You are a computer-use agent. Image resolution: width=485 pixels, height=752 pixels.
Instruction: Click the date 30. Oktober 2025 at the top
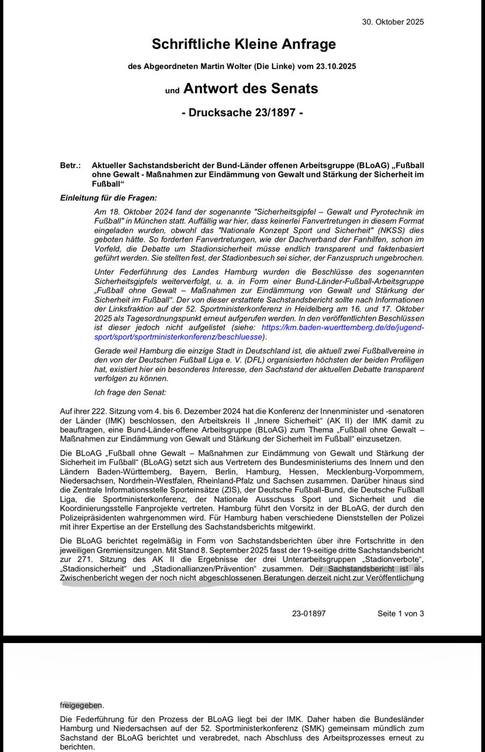[x=393, y=21]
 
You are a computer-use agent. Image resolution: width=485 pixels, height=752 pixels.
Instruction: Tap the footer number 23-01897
[x=308, y=614]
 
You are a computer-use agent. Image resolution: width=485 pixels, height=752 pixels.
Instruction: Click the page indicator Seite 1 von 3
[x=400, y=614]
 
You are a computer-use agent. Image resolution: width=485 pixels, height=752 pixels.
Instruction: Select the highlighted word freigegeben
[x=83, y=704]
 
